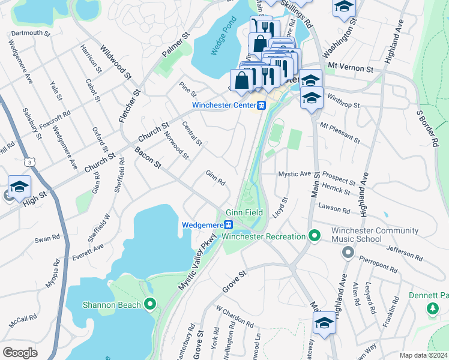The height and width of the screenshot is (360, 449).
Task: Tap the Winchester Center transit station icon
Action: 262,106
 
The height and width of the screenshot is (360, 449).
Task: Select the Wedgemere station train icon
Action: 229,225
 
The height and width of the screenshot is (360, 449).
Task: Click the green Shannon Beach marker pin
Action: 151,305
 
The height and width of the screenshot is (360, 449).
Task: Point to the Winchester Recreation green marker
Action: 313,236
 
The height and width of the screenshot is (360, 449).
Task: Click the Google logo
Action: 20,352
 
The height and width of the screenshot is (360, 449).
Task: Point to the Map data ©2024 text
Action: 423,355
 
